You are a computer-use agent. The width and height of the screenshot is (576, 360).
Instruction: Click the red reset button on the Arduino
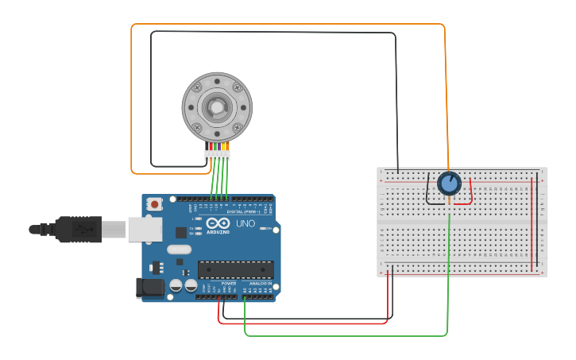[x=155, y=204]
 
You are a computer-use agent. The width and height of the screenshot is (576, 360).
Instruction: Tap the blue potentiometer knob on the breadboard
[x=449, y=184]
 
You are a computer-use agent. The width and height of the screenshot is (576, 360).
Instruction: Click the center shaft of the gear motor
[x=217, y=106]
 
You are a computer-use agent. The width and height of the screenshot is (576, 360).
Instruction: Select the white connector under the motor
[x=217, y=155]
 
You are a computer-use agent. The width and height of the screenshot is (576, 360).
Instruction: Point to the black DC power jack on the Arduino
[x=149, y=287]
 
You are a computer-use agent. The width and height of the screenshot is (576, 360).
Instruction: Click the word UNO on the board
[x=245, y=223]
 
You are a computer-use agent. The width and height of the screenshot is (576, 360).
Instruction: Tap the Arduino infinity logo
[x=218, y=223]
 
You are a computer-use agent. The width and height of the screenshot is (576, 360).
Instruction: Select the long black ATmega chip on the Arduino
[x=235, y=269]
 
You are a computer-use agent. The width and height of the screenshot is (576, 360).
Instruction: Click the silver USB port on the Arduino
[x=145, y=229]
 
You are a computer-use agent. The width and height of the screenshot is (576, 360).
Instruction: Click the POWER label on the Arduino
[x=229, y=283]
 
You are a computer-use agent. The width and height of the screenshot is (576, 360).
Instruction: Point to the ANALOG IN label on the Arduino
[x=260, y=283]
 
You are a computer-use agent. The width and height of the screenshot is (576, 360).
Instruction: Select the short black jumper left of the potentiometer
[x=433, y=192]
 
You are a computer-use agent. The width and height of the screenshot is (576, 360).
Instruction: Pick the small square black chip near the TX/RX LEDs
[x=181, y=232]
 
